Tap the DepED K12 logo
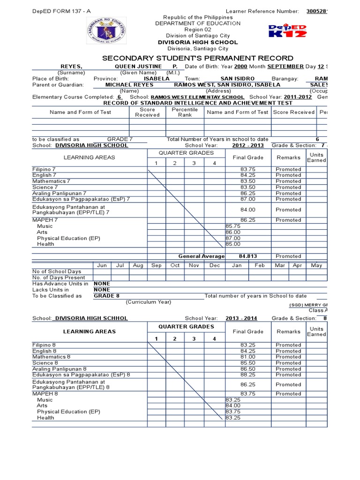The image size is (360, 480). [x=287, y=31]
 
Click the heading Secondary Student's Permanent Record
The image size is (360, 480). [x=198, y=58]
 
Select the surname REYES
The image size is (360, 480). [x=71, y=67]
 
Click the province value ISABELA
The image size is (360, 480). [x=150, y=79]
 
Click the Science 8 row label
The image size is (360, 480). [x=45, y=363]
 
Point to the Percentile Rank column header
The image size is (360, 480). [x=185, y=112]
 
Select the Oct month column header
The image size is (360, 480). [x=175, y=265]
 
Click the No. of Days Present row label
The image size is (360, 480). [x=59, y=277]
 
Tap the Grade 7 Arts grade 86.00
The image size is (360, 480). [x=233, y=232]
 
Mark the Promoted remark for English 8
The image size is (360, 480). [x=288, y=351]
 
